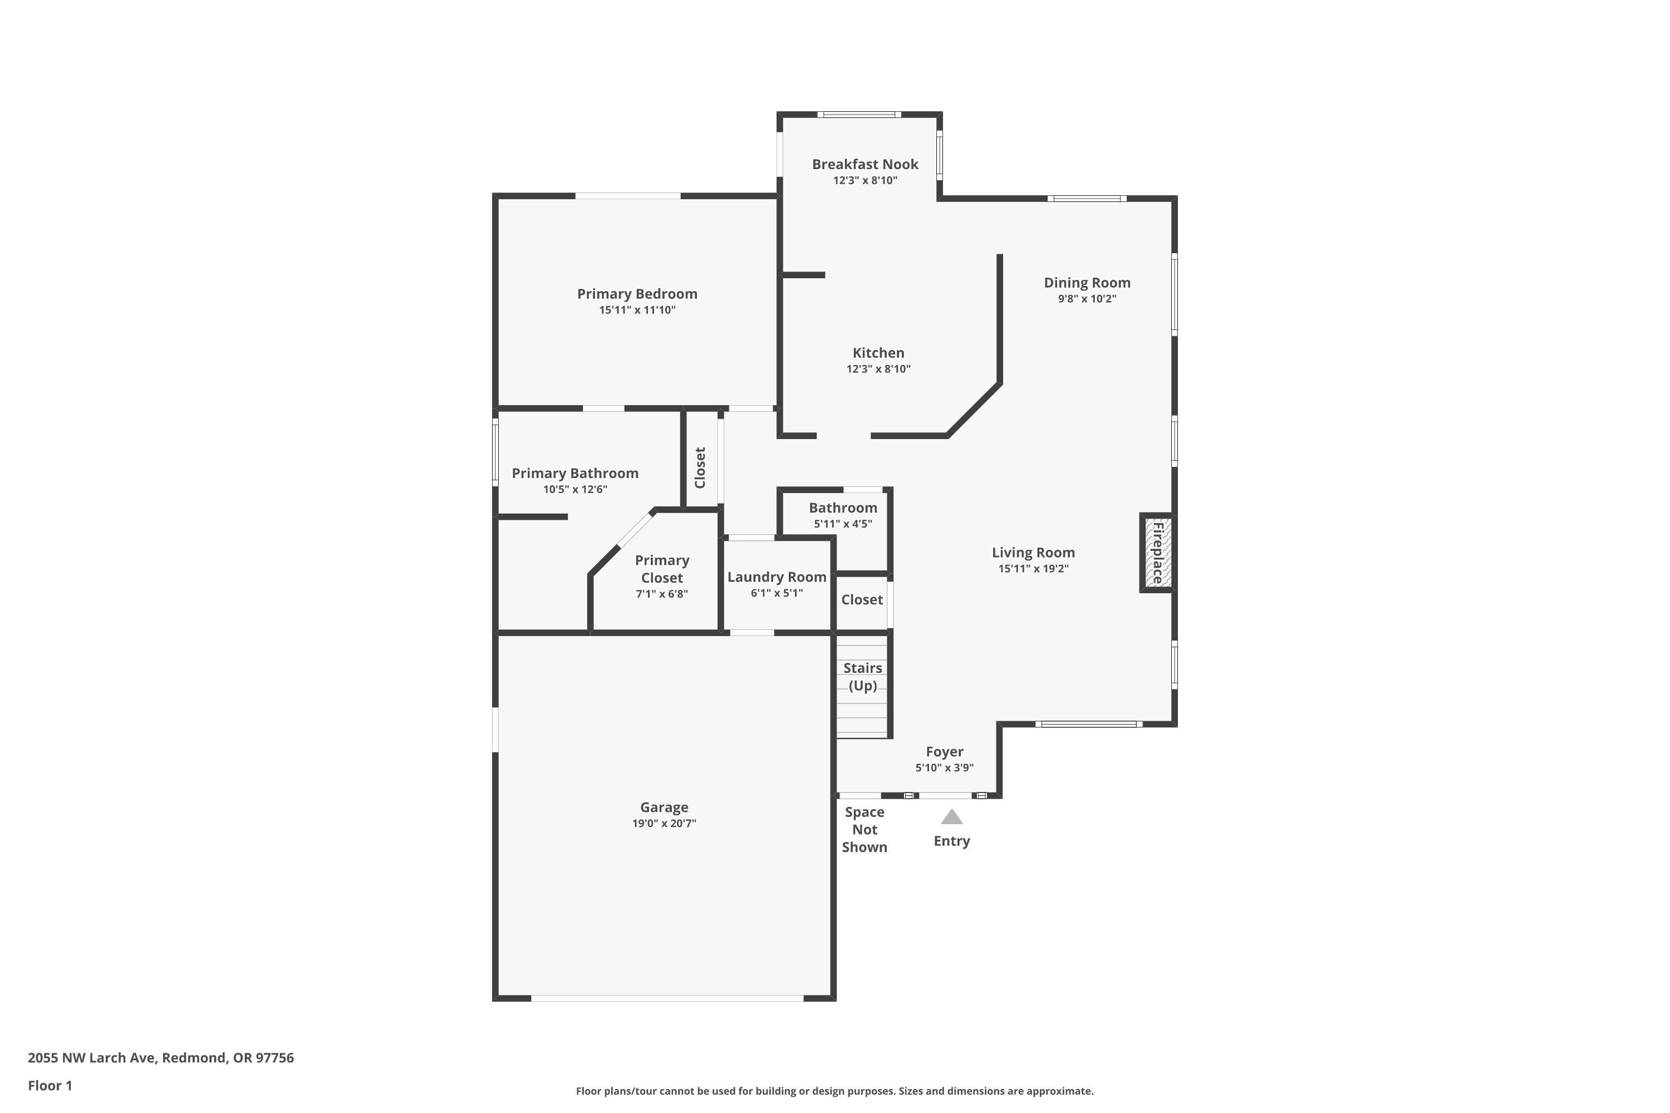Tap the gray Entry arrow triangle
point(951,817)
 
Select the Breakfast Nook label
point(865,164)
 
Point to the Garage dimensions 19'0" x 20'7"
point(664,824)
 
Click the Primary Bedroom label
point(637,294)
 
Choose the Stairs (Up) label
point(863,677)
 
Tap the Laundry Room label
point(777,577)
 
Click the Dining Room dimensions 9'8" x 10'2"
point(1087,299)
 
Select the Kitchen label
point(878,353)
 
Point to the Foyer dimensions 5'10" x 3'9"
point(944,767)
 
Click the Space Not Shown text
point(864,829)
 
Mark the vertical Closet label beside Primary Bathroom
point(700,468)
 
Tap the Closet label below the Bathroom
point(862,600)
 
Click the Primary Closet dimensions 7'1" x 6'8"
point(662,594)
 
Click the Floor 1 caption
point(50,1085)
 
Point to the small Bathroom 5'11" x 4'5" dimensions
point(843,524)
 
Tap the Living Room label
point(1033,552)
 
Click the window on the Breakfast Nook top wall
point(858,114)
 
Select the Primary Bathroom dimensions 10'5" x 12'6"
point(575,489)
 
